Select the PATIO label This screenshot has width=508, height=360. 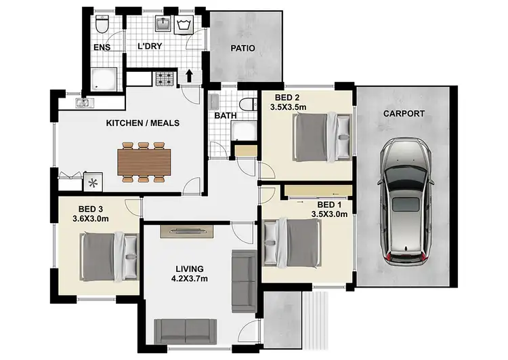pyautogui.click(x=242, y=49)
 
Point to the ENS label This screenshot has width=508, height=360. pyautogui.click(x=101, y=48)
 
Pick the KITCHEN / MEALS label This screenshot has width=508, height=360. pyautogui.click(x=143, y=123)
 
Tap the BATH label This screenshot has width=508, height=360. pyautogui.click(x=225, y=116)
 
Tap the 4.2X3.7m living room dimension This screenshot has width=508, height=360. pyautogui.click(x=190, y=279)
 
